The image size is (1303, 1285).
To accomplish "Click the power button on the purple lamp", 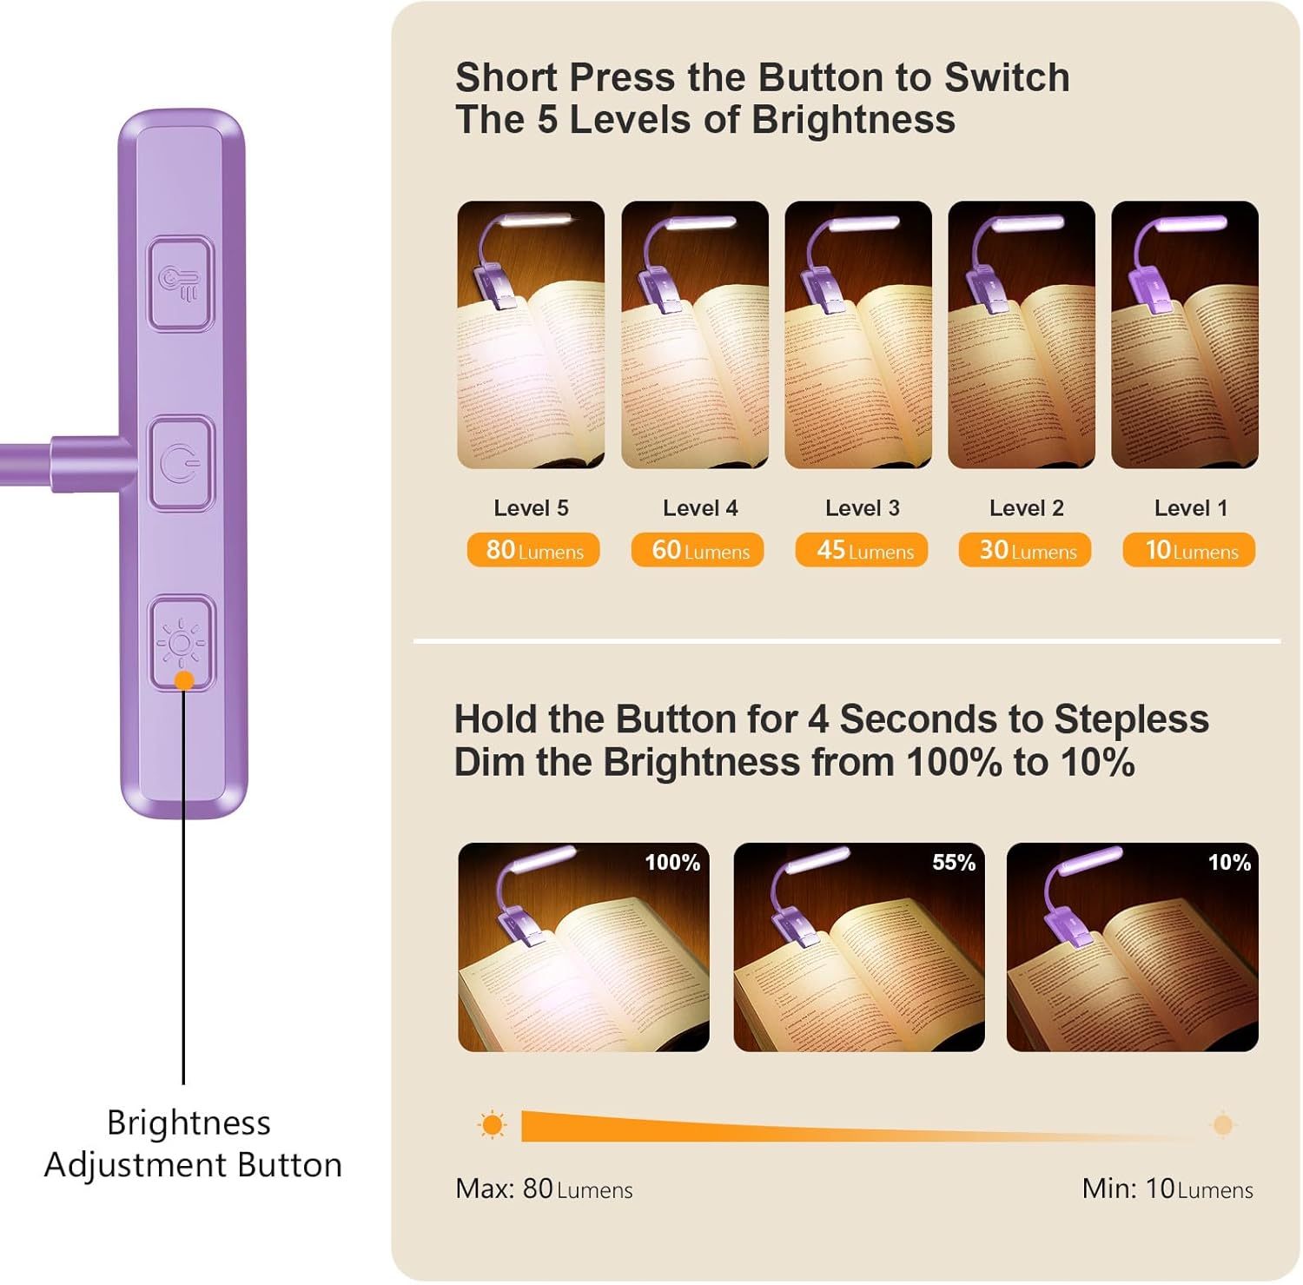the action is point(181,464).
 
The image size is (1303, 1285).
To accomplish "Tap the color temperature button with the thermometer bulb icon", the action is point(181,284).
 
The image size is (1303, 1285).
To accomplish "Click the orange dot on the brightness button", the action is point(184,680).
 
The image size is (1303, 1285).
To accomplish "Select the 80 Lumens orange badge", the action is point(533,550).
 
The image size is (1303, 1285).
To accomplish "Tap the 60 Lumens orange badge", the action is point(698,550).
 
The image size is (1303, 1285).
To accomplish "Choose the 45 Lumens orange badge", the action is point(862,550).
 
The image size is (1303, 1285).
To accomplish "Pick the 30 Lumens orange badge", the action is point(1025,550).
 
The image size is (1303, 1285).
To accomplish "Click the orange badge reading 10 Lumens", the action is point(1189,550).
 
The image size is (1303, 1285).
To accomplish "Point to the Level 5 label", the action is point(532,508).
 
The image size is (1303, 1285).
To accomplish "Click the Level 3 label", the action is point(863,508).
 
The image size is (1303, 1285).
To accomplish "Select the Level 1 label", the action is point(1191,508).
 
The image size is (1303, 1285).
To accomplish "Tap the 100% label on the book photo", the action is point(672,863).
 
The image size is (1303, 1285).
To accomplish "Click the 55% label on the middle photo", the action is point(954,863).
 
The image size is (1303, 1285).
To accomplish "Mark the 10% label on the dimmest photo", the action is point(1229,863).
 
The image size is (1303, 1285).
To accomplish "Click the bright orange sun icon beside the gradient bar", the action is point(493,1125).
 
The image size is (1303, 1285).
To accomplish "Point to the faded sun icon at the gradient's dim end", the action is point(1223,1125).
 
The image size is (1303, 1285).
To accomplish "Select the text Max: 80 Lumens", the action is point(544,1189).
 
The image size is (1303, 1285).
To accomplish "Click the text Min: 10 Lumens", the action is point(1167,1189).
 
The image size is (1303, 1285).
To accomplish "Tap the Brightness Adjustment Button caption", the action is point(193,1143).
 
